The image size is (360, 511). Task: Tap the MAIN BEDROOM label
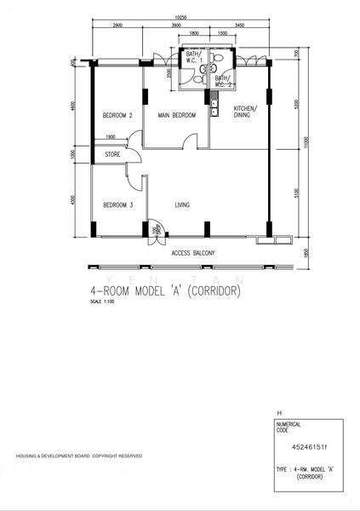click(x=176, y=115)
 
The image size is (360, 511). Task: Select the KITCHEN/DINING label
click(x=245, y=112)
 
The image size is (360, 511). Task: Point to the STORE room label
click(x=112, y=155)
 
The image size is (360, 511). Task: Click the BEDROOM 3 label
click(x=117, y=205)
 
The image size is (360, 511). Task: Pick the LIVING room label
click(x=182, y=205)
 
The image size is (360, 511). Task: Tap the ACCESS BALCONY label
click(x=192, y=253)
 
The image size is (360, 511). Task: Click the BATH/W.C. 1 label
click(x=193, y=60)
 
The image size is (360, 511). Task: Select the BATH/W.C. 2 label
click(x=223, y=82)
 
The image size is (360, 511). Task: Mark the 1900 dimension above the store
click(x=111, y=137)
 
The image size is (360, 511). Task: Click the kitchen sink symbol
click(x=214, y=107)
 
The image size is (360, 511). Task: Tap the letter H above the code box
click(x=268, y=411)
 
